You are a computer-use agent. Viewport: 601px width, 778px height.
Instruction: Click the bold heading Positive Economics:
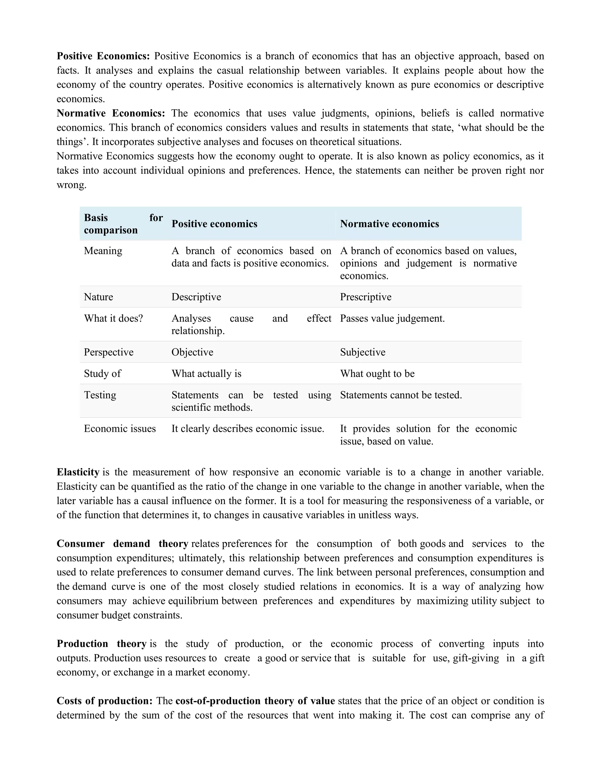103,56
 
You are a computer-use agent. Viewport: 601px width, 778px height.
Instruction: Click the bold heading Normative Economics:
111,113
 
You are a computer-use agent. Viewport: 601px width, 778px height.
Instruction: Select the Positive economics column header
214,224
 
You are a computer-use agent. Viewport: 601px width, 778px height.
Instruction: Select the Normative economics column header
389,224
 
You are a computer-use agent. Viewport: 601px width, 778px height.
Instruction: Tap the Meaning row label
103,251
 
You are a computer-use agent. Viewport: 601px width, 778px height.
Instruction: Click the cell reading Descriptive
196,297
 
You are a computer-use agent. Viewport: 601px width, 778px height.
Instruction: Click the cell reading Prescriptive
366,297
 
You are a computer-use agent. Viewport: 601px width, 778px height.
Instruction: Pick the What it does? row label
113,318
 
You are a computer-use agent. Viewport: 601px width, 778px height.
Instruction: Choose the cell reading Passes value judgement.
392,318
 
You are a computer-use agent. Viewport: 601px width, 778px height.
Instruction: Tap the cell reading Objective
192,352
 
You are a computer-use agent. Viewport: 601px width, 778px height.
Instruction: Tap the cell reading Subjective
362,352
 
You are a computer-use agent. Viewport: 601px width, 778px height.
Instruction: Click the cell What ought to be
377,373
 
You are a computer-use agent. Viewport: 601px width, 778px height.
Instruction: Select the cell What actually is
207,373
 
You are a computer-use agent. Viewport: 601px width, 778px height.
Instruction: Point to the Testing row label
100,395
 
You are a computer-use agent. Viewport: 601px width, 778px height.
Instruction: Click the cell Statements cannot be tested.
401,395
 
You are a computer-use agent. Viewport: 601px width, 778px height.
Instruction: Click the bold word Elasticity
78,472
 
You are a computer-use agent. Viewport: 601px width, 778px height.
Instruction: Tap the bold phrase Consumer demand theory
122,544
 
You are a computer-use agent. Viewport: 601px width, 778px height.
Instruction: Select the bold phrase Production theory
102,644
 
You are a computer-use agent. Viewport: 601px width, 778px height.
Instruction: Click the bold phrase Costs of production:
104,701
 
